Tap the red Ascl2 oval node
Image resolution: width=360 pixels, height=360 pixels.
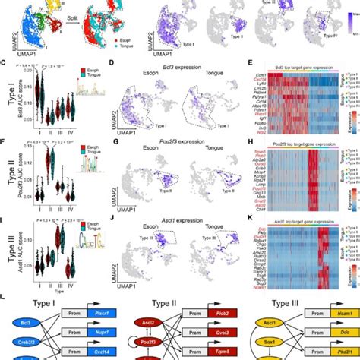tap(145, 311)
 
